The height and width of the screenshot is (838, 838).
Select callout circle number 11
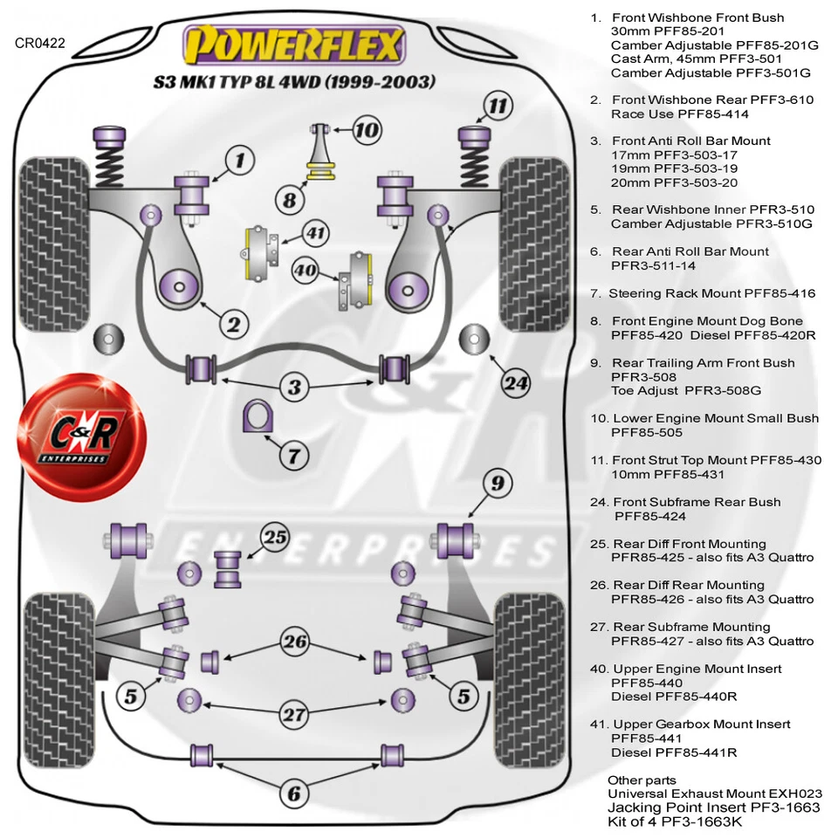coord(497,106)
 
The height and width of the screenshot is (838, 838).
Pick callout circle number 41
coord(314,233)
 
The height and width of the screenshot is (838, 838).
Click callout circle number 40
coord(305,270)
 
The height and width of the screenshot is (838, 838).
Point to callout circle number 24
coord(516,382)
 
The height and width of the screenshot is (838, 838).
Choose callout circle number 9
coord(497,482)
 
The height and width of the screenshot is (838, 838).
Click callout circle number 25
coord(275,538)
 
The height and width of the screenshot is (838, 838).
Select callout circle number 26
coord(295,642)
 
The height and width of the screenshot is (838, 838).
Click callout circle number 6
coord(294,793)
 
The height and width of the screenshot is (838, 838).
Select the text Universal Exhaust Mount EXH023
coord(715,793)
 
